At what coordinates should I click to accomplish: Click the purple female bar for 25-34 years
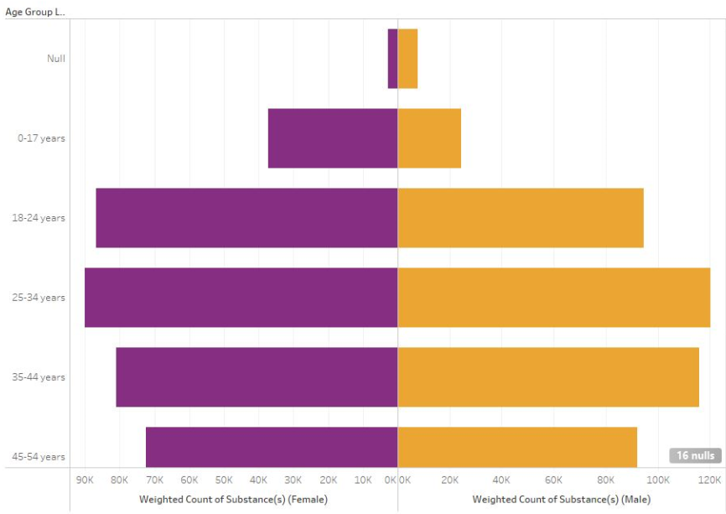point(241,297)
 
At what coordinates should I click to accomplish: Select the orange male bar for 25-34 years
point(553,297)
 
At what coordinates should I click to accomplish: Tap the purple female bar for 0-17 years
point(332,138)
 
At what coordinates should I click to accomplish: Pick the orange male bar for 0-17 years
point(429,138)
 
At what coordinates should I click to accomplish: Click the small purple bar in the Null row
point(392,58)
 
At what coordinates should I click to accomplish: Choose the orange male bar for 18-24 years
point(520,217)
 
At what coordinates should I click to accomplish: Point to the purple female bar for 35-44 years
point(257,376)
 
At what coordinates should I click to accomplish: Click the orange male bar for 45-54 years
point(517,447)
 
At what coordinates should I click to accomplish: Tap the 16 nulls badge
point(694,455)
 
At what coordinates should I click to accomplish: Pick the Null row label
point(56,59)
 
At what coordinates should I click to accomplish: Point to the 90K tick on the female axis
point(85,480)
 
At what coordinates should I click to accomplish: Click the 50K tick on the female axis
point(224,480)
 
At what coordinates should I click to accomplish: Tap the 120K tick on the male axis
point(709,480)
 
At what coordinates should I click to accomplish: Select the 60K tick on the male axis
point(553,480)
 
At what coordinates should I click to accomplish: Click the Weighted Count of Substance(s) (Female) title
point(233,499)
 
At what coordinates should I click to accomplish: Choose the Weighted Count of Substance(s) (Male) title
point(561,499)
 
